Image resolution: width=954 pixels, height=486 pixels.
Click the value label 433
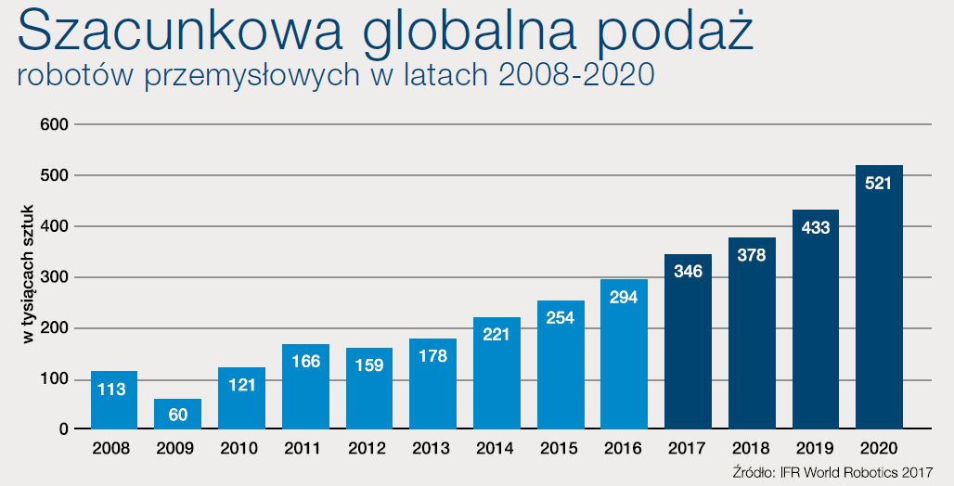(815, 227)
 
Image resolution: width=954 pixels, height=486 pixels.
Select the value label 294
(624, 298)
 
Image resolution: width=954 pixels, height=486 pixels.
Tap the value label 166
(305, 362)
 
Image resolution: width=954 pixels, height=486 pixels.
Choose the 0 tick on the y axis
(63, 429)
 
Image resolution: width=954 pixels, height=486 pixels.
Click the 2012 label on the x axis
(368, 449)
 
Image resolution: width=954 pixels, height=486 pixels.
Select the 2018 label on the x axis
(752, 449)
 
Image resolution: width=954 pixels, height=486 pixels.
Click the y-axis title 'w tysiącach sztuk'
(29, 276)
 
